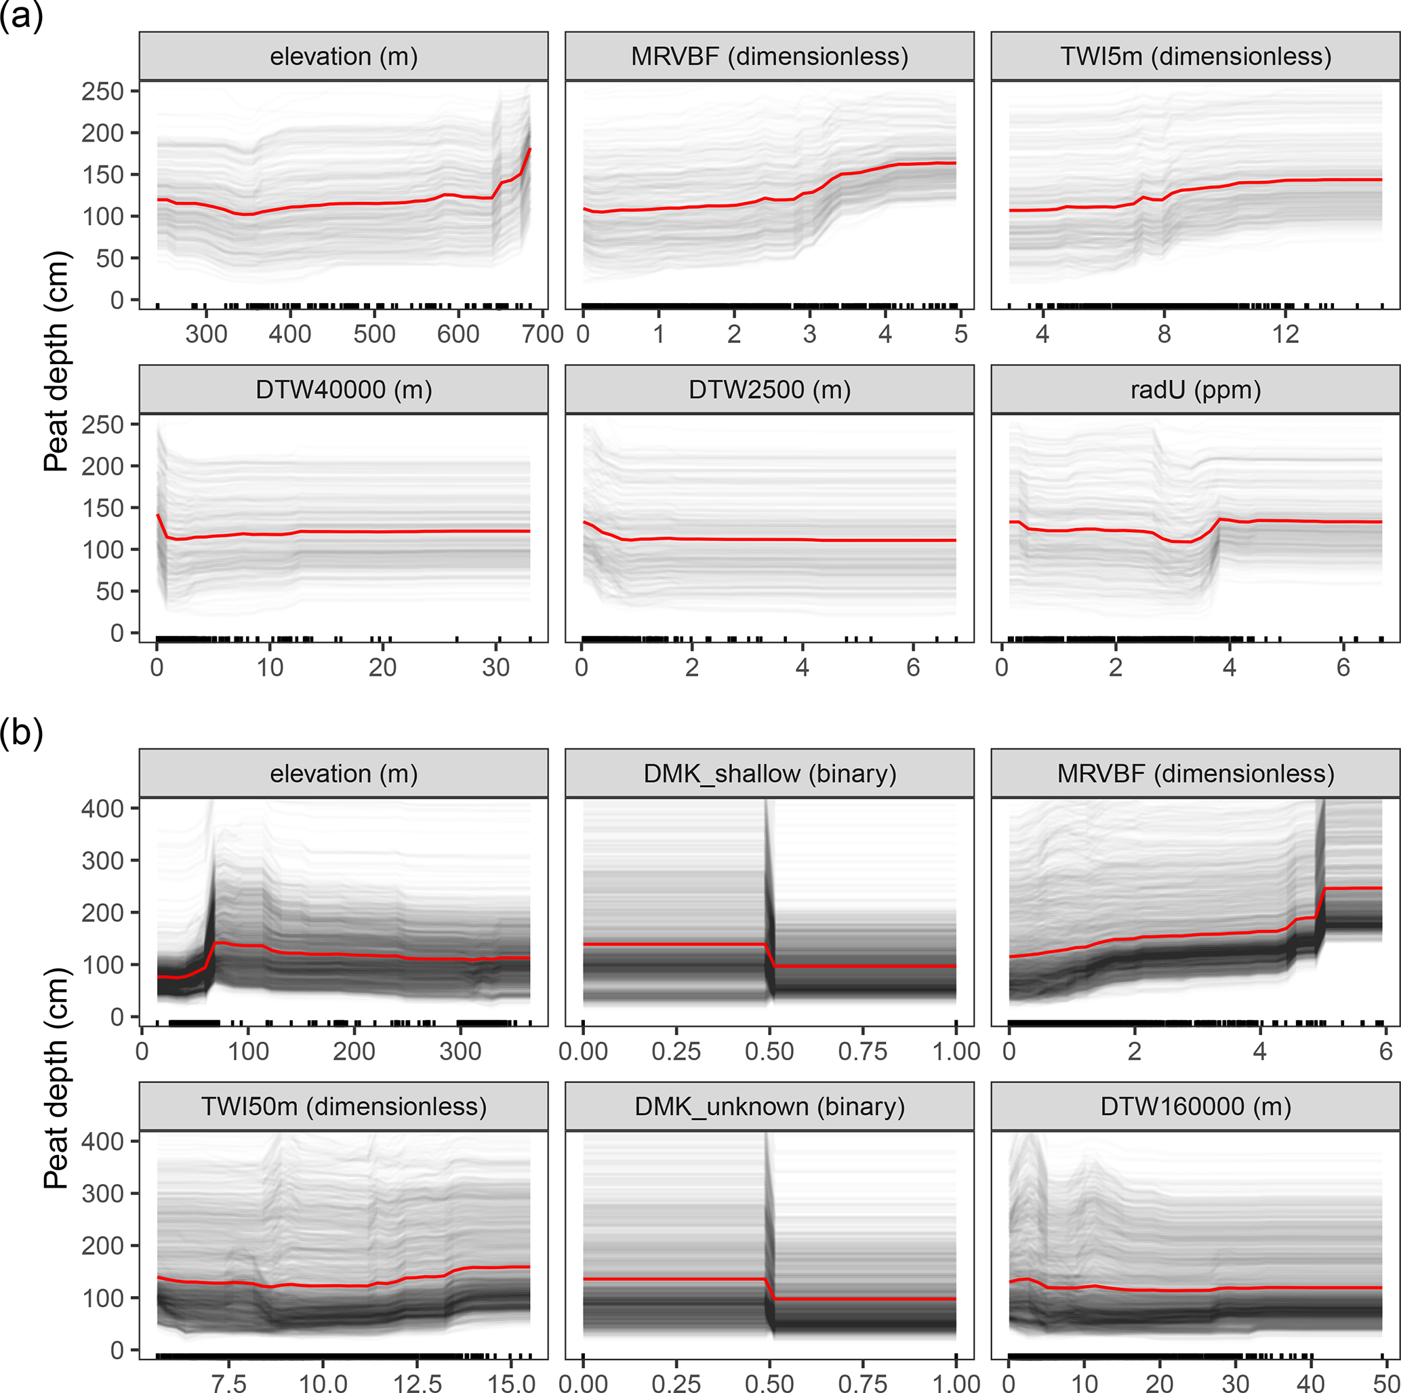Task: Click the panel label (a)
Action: click(21, 16)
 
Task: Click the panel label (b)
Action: click(21, 733)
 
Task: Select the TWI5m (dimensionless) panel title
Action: click(1195, 56)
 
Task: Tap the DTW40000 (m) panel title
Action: click(343, 390)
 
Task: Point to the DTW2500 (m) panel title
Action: click(769, 390)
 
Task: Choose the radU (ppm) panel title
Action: click(1195, 390)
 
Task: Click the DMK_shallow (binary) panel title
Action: click(769, 773)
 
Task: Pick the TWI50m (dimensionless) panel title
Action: click(343, 1106)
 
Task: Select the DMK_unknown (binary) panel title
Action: click(769, 1106)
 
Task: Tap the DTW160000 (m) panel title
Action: click(1195, 1106)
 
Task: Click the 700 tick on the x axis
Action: click(542, 334)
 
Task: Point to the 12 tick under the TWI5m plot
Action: click(1285, 334)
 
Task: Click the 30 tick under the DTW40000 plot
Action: click(496, 668)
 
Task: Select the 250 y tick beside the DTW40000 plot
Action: click(102, 425)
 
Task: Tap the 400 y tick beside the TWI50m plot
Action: click(102, 1142)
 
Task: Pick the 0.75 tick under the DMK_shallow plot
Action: click(862, 1051)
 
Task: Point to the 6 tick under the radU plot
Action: click(1343, 668)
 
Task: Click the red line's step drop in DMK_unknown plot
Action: click(770, 1289)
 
